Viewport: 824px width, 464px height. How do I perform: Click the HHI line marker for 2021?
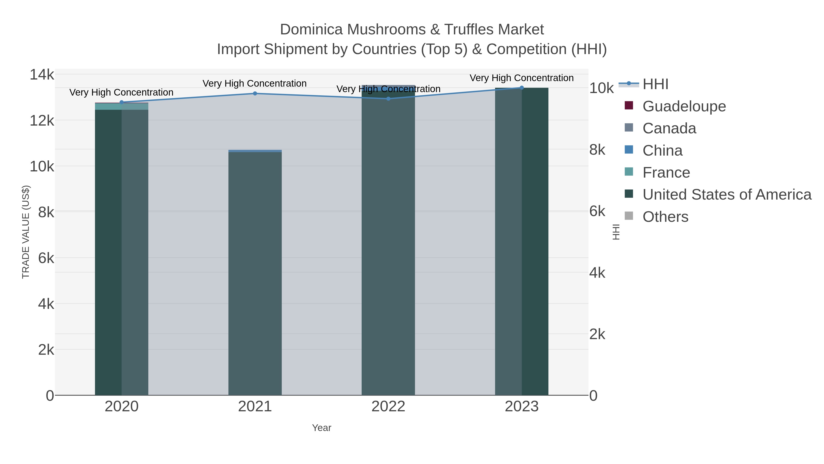(255, 93)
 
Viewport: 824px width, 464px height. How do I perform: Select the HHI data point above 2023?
(522, 88)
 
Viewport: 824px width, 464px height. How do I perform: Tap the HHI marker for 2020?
(122, 102)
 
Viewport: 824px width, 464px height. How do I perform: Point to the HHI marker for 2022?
(388, 99)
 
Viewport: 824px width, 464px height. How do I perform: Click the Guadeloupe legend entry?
(684, 106)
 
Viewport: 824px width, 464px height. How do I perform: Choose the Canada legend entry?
(669, 128)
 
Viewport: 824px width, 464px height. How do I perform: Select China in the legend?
(662, 151)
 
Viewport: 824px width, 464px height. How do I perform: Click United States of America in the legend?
(727, 195)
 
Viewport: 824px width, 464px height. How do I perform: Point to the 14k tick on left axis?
(42, 75)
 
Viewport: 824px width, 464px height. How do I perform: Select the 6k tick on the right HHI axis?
(597, 211)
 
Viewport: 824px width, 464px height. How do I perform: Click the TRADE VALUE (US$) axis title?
(26, 232)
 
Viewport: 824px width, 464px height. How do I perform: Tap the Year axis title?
(322, 428)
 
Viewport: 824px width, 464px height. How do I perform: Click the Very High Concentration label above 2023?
(521, 78)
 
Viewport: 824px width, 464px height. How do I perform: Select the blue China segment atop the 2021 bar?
(255, 151)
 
